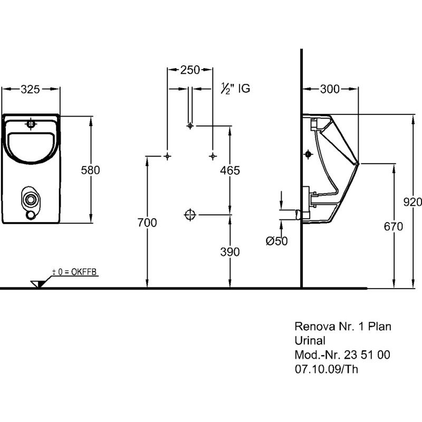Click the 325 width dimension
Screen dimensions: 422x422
tap(31, 90)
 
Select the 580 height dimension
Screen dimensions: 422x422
tap(90, 170)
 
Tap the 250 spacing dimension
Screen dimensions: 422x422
tap(190, 70)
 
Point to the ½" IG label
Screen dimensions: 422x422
tap(235, 89)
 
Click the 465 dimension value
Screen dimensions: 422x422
tap(230, 170)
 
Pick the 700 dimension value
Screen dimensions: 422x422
tap(147, 223)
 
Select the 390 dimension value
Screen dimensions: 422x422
tap(230, 252)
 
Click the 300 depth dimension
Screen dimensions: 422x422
tap(330, 90)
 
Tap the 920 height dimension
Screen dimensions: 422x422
tap(412, 201)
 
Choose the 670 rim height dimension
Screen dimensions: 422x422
tap(394, 227)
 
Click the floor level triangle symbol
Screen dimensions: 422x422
tap(37, 283)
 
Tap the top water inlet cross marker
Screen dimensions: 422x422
tap(190, 126)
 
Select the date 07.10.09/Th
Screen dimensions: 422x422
tap(325, 369)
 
